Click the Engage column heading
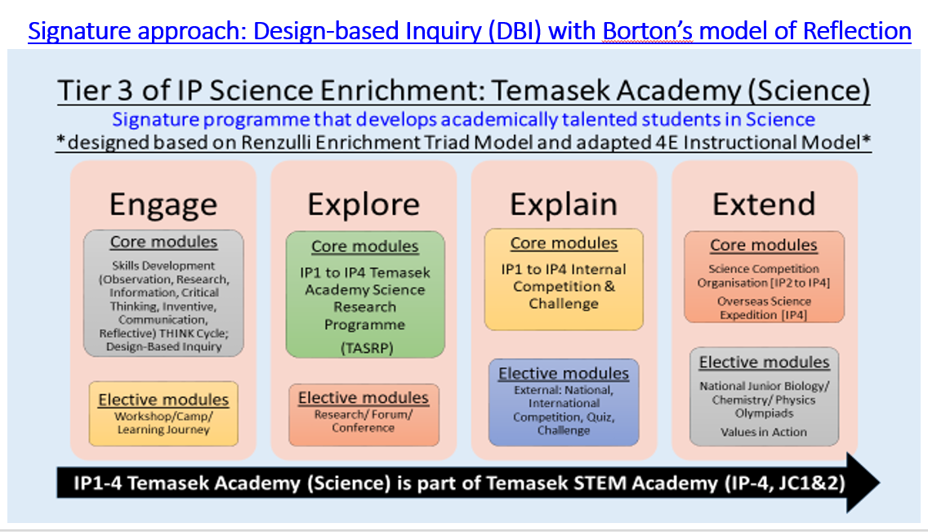[x=163, y=205]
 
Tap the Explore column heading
[x=364, y=205]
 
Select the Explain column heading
[x=564, y=205]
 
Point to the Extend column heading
[x=764, y=204]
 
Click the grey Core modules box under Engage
[x=163, y=293]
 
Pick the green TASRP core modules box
[x=364, y=294]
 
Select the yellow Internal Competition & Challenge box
[x=564, y=279]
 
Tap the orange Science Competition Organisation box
[x=764, y=277]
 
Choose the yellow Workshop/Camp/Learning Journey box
[x=163, y=414]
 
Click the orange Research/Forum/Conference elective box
[x=364, y=414]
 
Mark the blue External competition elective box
[x=564, y=402]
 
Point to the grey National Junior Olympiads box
[x=764, y=396]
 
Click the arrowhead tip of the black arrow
[x=880, y=483]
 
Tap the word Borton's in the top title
[x=648, y=31]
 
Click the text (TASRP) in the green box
[x=367, y=348]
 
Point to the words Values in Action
[x=764, y=432]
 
